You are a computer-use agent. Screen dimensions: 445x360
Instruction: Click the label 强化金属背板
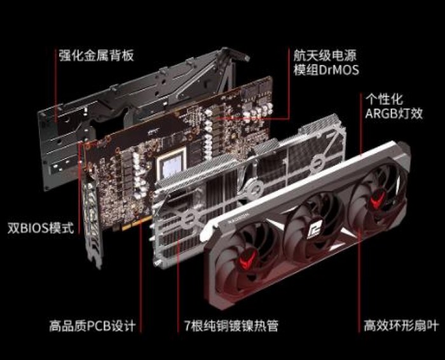coord(97,55)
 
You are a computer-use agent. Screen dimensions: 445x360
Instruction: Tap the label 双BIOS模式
coord(41,228)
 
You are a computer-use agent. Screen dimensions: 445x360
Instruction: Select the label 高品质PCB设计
coord(92,326)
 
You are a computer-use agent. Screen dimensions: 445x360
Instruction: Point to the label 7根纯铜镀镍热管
coord(231,326)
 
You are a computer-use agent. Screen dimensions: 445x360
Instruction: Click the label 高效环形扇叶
coord(401,326)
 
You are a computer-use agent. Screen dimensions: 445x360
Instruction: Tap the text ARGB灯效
coord(394,113)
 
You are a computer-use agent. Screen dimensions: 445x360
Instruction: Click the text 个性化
coord(384,99)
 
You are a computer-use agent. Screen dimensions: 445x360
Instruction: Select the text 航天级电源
coord(325,55)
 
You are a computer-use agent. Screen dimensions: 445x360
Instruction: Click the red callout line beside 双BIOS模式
coord(79,188)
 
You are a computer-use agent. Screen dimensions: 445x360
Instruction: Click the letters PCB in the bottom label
coord(99,326)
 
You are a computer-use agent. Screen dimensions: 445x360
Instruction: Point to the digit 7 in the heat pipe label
coord(188,326)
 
